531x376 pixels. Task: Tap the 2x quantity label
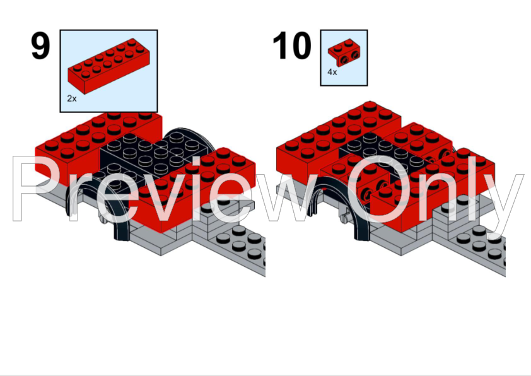click(72, 99)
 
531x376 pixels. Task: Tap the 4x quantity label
click(332, 73)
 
